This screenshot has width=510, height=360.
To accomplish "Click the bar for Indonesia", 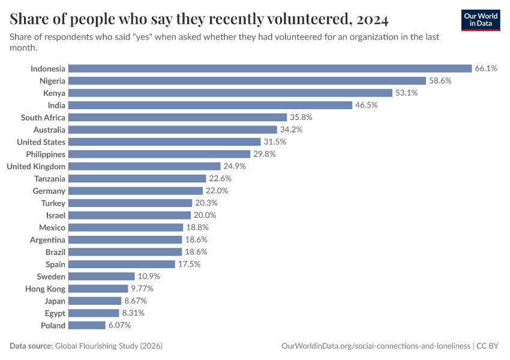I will tap(270, 68).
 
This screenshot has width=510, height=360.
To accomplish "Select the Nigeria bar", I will tap(247, 80).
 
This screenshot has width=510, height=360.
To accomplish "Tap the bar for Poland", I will tap(87, 325).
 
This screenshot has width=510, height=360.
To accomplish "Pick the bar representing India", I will tap(210, 105).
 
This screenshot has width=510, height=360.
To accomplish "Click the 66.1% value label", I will tap(486, 68).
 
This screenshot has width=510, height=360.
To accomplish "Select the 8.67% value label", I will tap(135, 301).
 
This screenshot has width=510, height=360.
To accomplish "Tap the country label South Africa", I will tap(43, 118).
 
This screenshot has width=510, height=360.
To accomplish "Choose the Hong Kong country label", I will tap(46, 289).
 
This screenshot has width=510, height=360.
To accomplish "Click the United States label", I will tap(41, 142).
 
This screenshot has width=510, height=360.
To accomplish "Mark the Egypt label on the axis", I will tap(55, 313).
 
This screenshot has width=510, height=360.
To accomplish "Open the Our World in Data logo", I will tap(481, 20).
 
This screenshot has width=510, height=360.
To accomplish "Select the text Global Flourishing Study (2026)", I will tap(109, 346).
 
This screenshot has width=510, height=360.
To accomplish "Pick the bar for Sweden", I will tap(101, 277).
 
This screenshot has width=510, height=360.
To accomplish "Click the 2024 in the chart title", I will tap(372, 20).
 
